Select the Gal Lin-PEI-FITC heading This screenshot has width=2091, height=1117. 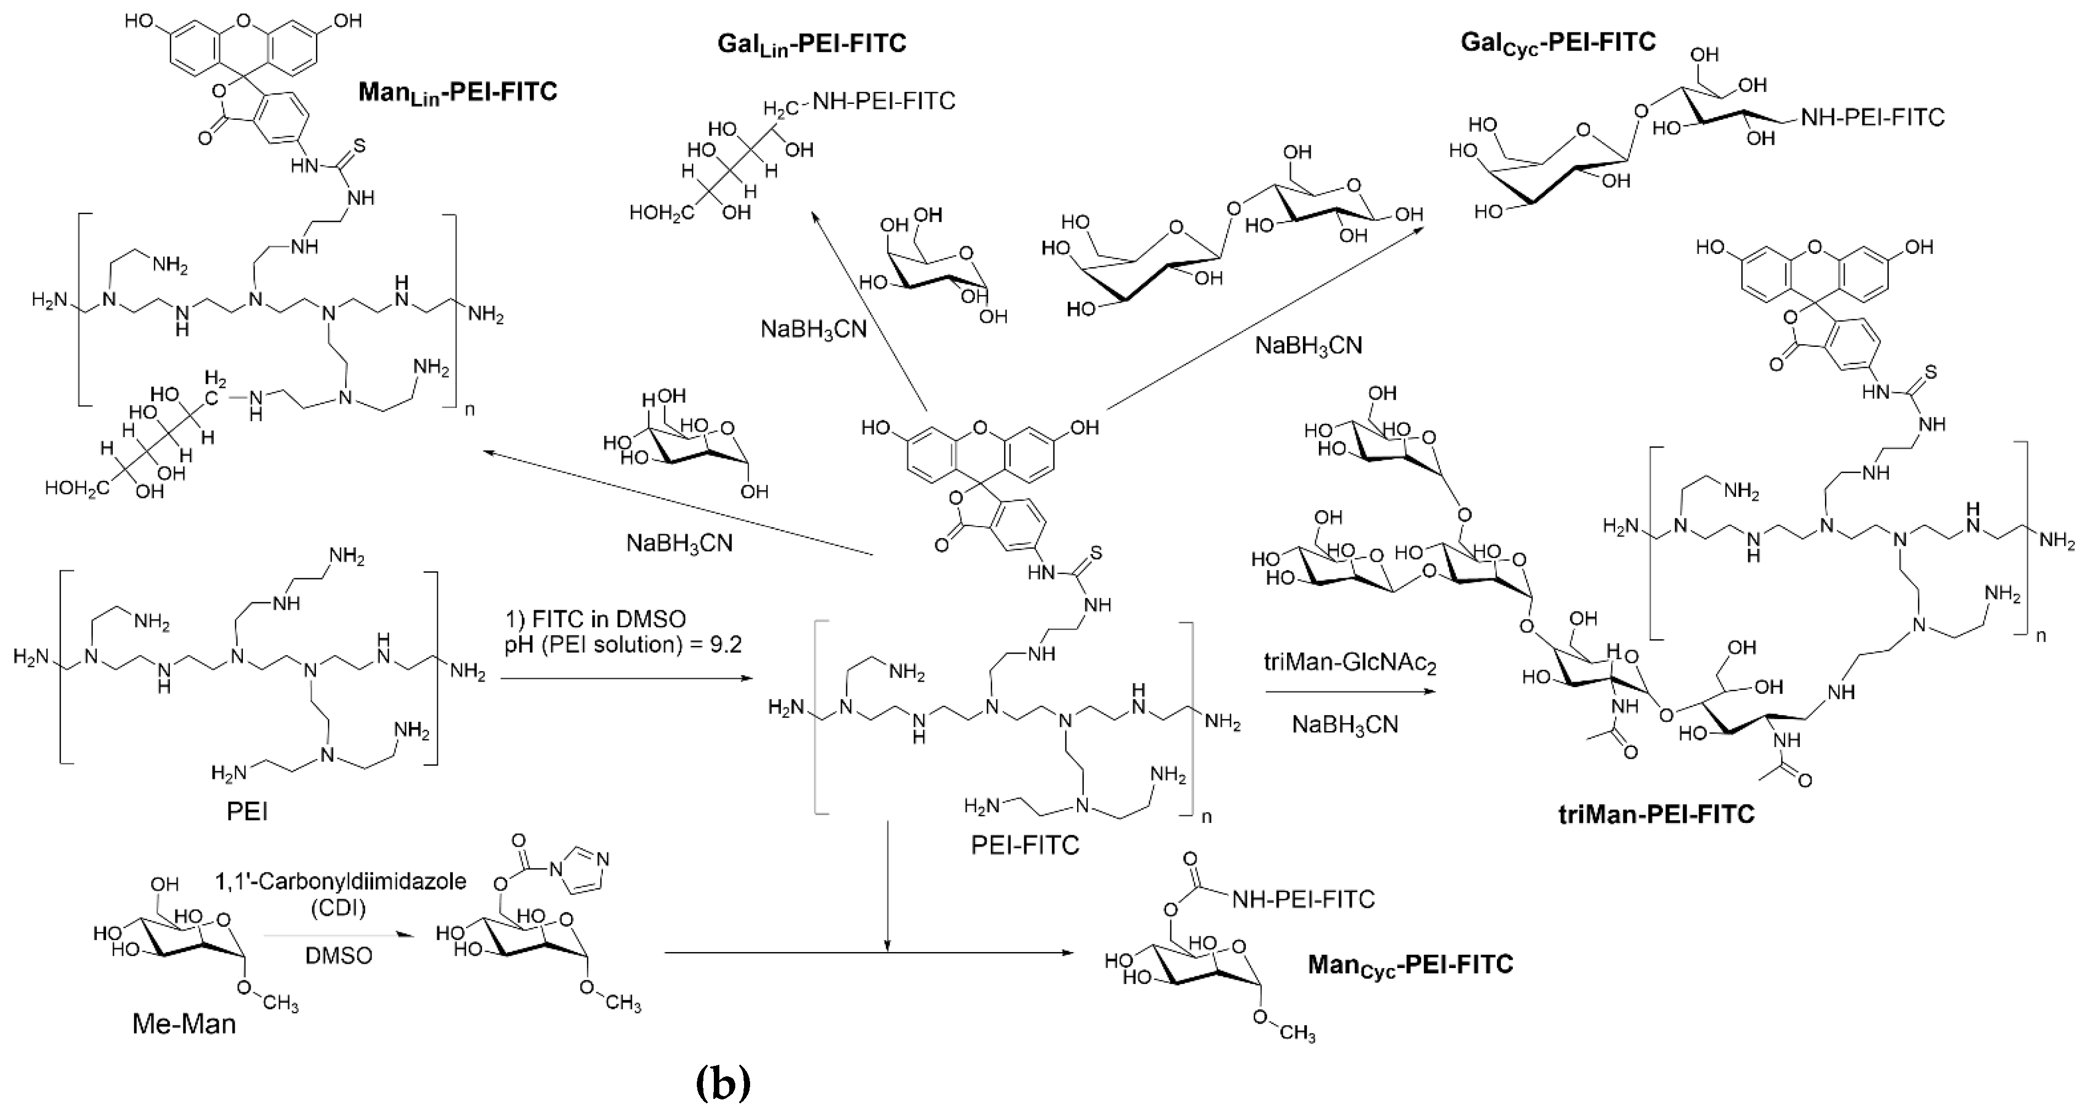[x=811, y=43]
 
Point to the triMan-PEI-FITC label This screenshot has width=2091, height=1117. [x=1656, y=814]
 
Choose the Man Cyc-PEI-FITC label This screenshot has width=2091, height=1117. [x=1410, y=964]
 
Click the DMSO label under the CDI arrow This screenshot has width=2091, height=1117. [x=339, y=955]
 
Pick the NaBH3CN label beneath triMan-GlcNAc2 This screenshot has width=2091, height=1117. [x=1345, y=724]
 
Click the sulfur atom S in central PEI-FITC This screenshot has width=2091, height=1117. [x=1096, y=554]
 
